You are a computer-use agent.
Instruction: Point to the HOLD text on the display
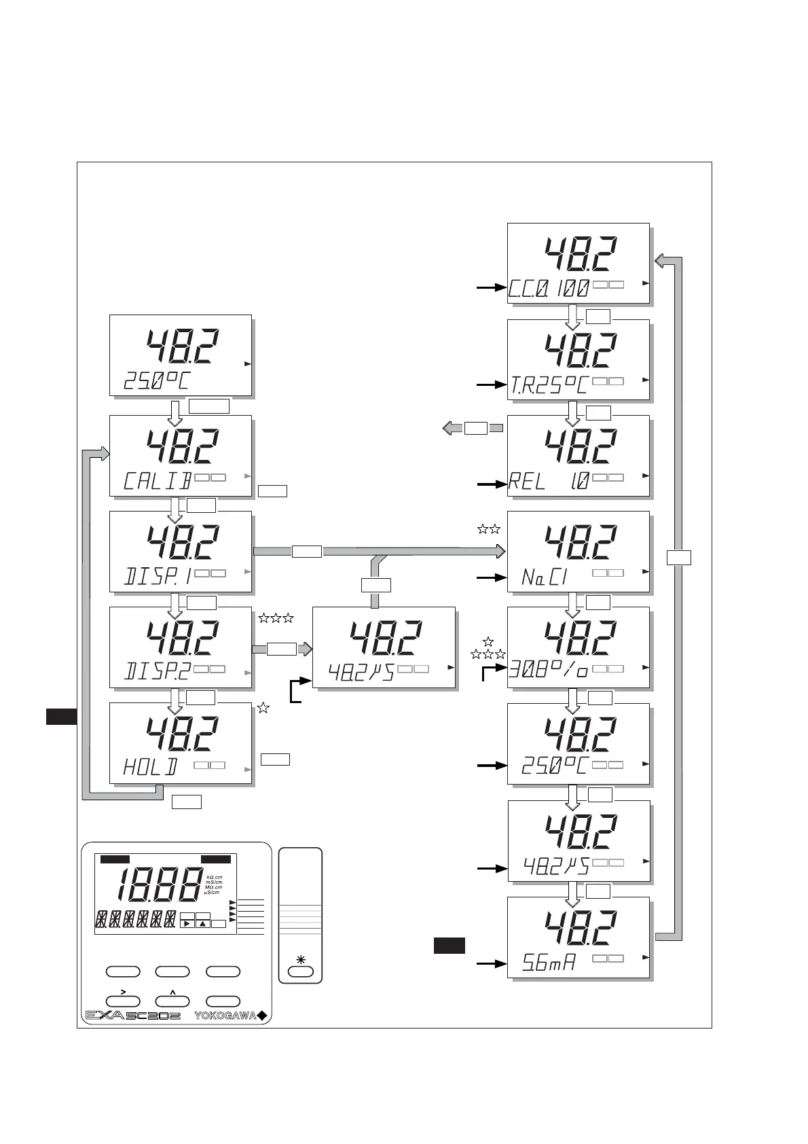point(150,768)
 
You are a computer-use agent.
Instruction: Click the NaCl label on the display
point(545,577)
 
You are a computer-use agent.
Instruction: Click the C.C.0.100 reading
point(549,289)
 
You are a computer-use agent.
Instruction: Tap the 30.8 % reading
point(549,672)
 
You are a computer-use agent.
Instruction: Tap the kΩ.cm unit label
point(214,877)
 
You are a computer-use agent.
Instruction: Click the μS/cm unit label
point(213,893)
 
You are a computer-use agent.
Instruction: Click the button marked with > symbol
point(124,1001)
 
